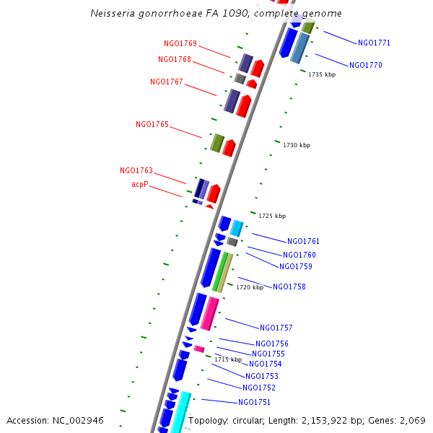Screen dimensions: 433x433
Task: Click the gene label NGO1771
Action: (x=375, y=43)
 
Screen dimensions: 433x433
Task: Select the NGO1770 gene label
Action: (x=366, y=65)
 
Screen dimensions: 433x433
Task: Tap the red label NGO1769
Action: (x=180, y=43)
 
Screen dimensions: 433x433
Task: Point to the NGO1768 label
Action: (x=175, y=59)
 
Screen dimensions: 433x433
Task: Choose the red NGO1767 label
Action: (x=167, y=82)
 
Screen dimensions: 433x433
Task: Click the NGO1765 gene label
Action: (x=152, y=124)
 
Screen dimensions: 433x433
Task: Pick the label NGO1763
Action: (x=136, y=170)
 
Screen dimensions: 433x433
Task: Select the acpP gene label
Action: (x=140, y=185)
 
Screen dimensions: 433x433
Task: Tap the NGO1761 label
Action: (x=304, y=241)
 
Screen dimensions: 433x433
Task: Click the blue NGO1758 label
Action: (x=289, y=287)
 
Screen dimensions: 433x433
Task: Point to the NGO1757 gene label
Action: (x=276, y=328)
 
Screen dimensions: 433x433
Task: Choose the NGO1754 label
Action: (x=266, y=364)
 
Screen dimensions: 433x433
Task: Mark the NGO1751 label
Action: (x=255, y=402)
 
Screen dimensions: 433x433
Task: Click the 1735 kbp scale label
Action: (x=322, y=74)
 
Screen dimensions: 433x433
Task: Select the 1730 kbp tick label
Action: (x=297, y=145)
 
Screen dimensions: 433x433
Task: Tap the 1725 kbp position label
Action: (x=272, y=216)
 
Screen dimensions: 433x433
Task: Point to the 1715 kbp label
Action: (x=228, y=359)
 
